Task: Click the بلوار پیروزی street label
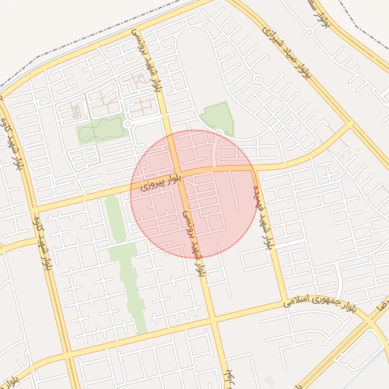tap(156, 183)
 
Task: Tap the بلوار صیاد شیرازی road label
tap(288, 52)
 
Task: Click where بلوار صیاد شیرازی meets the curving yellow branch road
tap(350, 124)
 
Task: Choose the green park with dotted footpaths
tap(100, 130)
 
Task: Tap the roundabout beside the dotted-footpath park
tap(128, 123)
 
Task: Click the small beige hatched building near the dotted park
tap(76, 112)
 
